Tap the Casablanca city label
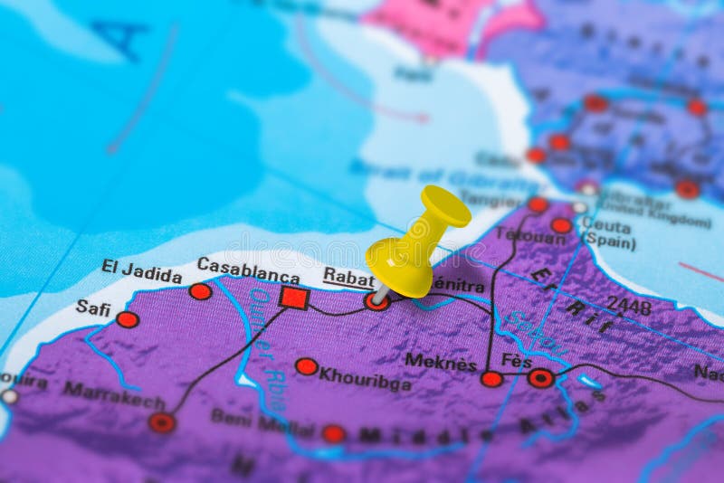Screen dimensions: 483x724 pos(248,270)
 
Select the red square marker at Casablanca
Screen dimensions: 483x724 pos(294,298)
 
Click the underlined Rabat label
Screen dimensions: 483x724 pos(348,278)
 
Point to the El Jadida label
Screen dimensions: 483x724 pos(141,270)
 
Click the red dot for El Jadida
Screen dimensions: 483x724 pos(200,291)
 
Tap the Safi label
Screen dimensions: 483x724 pos(92,308)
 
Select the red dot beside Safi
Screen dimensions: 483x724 pos(128,319)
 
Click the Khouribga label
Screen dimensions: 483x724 pos(365,378)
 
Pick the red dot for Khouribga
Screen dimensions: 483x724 pos(307,366)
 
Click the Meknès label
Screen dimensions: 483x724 pos(441,362)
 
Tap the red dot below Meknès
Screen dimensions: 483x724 pos(491,379)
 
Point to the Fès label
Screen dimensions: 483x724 pos(517,361)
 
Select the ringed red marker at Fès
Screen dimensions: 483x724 pos(541,378)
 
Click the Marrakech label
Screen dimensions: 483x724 pos(113,394)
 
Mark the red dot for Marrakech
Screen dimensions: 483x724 pos(162,422)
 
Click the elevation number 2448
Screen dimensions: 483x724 pos(628,307)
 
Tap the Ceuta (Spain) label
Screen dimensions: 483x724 pos(608,232)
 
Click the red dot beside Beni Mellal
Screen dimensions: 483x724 pos(334,433)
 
